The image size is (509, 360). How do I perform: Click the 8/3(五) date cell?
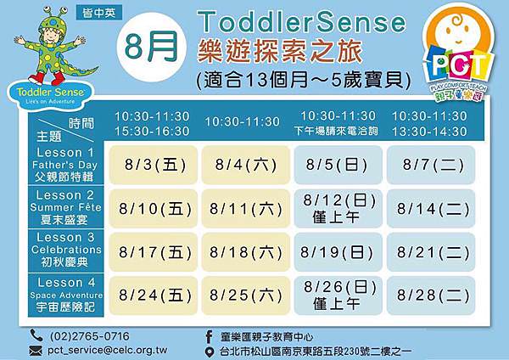(154, 165)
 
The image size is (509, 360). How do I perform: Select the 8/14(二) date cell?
(431, 209)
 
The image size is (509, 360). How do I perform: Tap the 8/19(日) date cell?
(338, 252)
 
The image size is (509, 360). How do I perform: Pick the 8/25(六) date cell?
(246, 295)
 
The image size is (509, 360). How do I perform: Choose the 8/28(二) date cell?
(431, 295)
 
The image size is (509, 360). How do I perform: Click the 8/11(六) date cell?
(246, 209)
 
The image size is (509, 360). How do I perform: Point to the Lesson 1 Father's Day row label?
(65, 164)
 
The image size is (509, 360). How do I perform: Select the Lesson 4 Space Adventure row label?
(65, 295)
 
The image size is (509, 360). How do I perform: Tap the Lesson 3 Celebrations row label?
(65, 250)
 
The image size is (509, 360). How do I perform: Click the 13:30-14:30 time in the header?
(429, 132)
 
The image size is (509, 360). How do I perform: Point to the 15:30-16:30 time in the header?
(152, 132)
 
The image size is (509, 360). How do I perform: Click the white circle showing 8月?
(152, 47)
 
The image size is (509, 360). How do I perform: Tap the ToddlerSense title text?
(301, 22)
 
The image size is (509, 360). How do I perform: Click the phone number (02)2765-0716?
(90, 336)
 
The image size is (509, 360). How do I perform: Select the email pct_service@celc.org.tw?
(108, 351)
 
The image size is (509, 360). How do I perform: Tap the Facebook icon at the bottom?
(209, 336)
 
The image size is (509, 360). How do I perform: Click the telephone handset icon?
(36, 335)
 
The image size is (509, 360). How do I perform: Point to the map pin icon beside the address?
(210, 352)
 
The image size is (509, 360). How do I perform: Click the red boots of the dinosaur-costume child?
(48, 78)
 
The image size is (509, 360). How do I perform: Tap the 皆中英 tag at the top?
(99, 13)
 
